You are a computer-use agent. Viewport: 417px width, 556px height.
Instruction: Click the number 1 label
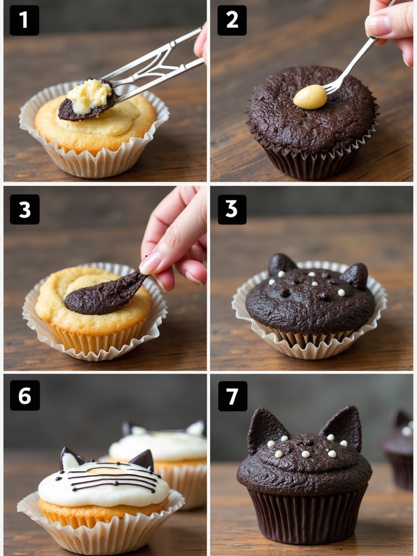pos(24,21)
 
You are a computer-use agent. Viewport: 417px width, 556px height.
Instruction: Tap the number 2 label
pos(232,21)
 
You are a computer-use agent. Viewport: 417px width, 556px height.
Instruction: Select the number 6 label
pos(24,396)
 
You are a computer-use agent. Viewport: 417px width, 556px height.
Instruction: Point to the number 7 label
pos(232,396)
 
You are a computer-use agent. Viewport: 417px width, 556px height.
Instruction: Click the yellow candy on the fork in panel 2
pos(310,97)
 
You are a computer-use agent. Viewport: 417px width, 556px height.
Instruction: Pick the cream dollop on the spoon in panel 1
pos(90,96)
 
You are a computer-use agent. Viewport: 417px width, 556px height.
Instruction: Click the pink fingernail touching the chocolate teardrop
pos(150,263)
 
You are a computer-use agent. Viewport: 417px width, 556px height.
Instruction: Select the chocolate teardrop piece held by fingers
pos(105,294)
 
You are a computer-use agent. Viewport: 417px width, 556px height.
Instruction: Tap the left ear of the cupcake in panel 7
pos(265,428)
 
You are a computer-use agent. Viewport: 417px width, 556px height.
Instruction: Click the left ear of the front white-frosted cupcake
pos(70,458)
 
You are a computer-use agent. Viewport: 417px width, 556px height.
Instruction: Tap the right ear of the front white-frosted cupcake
pos(143,460)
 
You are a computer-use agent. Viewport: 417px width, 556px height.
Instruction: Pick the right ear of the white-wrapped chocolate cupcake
pos(355,276)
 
